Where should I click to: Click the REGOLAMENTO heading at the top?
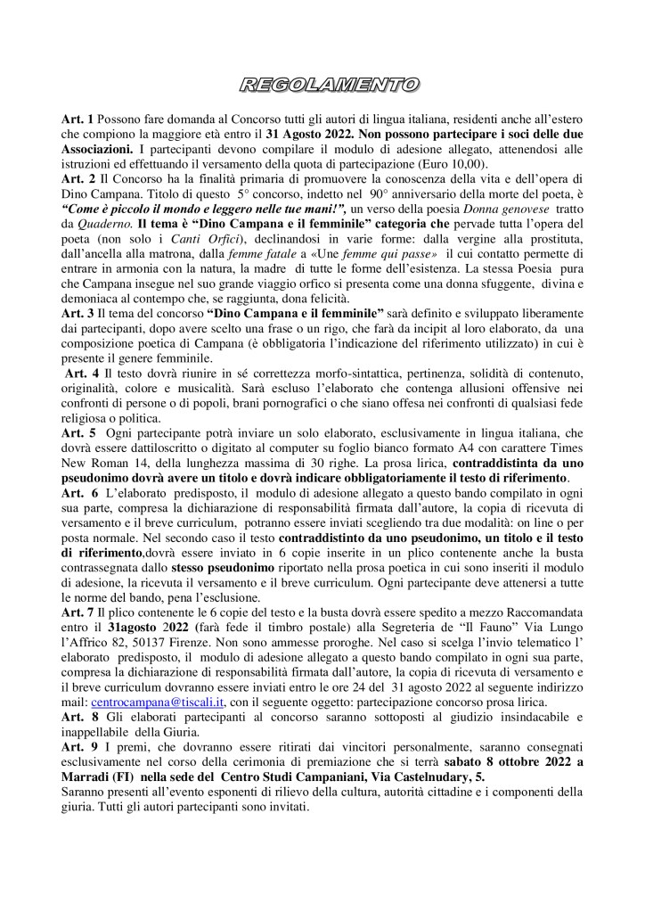(x=322, y=86)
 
